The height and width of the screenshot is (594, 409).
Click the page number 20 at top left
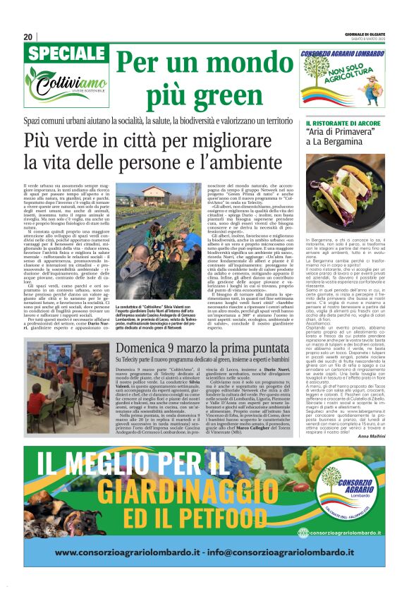(x=29, y=37)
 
